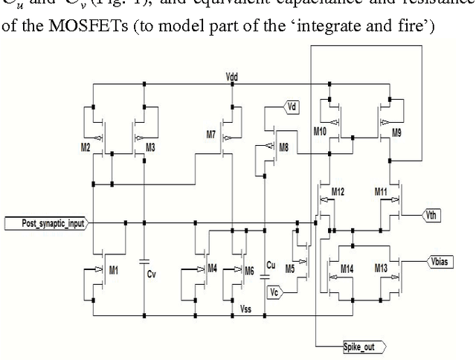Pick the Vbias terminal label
point(442,261)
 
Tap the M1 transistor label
point(112,270)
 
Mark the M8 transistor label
point(283,147)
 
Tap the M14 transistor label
point(347,268)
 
